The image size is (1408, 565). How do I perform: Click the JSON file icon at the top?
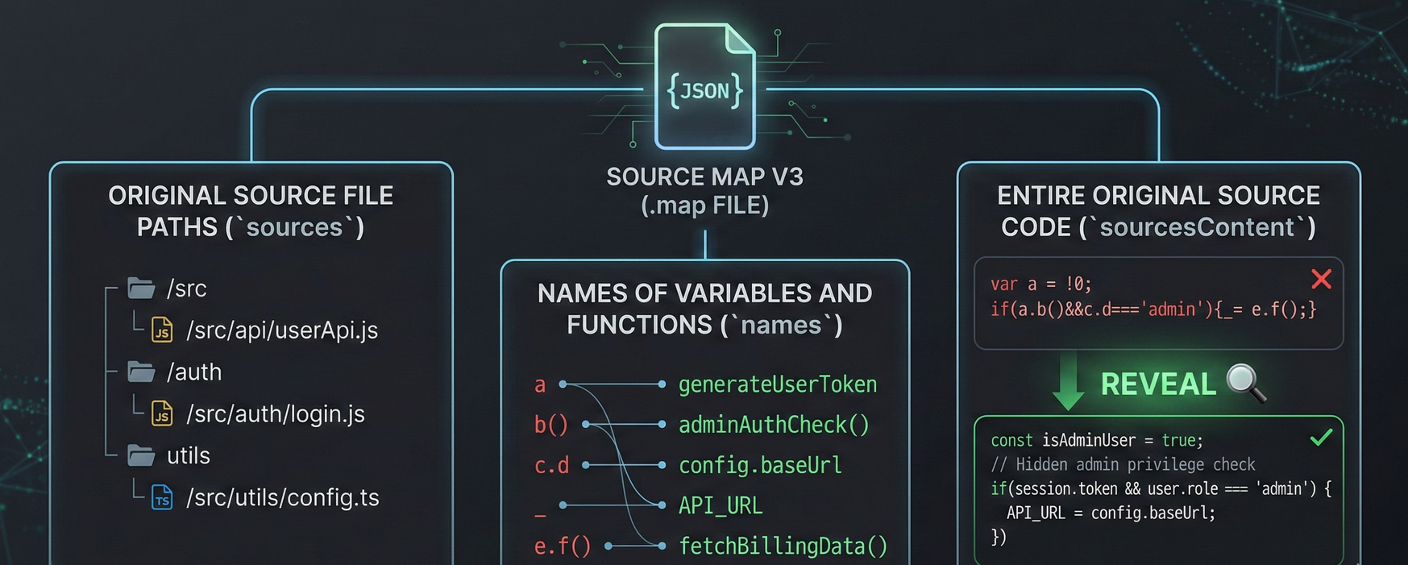tap(705, 87)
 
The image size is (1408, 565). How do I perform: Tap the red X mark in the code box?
tap(1321, 279)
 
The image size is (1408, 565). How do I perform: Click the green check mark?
tap(1321, 438)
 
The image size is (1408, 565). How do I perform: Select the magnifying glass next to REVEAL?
tap(1245, 382)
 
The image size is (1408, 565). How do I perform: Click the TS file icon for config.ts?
tap(162, 497)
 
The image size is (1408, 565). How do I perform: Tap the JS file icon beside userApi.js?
tap(162, 330)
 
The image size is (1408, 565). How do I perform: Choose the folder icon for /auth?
tap(141, 372)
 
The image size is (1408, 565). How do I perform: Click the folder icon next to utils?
tap(141, 455)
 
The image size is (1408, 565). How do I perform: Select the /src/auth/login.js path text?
tap(276, 413)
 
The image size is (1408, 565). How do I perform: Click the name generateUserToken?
tap(777, 384)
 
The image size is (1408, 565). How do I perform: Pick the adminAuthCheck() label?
tap(774, 425)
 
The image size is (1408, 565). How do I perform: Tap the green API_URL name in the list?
tap(721, 505)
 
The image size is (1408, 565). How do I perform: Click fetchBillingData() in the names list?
tap(783, 546)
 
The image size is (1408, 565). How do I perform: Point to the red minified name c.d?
tap(552, 465)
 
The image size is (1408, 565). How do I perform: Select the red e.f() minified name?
tap(563, 546)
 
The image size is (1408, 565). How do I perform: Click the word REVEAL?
tap(1157, 384)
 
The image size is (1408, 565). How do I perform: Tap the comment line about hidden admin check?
tap(1123, 464)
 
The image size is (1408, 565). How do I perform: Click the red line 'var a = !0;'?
tap(1040, 284)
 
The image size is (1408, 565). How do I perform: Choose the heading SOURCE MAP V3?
tap(704, 177)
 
